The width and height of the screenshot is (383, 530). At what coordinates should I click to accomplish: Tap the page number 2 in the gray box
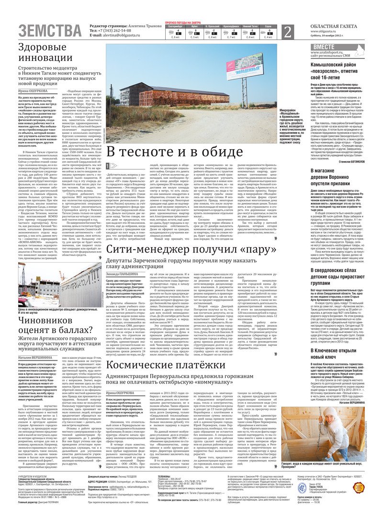coord(287,32)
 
